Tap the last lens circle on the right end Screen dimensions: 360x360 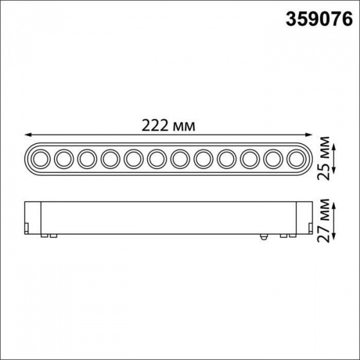point(294,159)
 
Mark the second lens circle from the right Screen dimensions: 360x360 point(271,159)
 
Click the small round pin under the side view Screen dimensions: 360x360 point(262,237)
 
